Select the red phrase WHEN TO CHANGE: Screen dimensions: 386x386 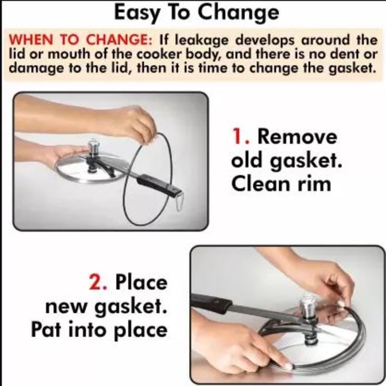[x=80, y=40]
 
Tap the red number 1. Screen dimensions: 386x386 [x=238, y=137]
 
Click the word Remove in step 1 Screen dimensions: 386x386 [x=297, y=137]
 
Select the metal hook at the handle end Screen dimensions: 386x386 [x=180, y=202]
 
